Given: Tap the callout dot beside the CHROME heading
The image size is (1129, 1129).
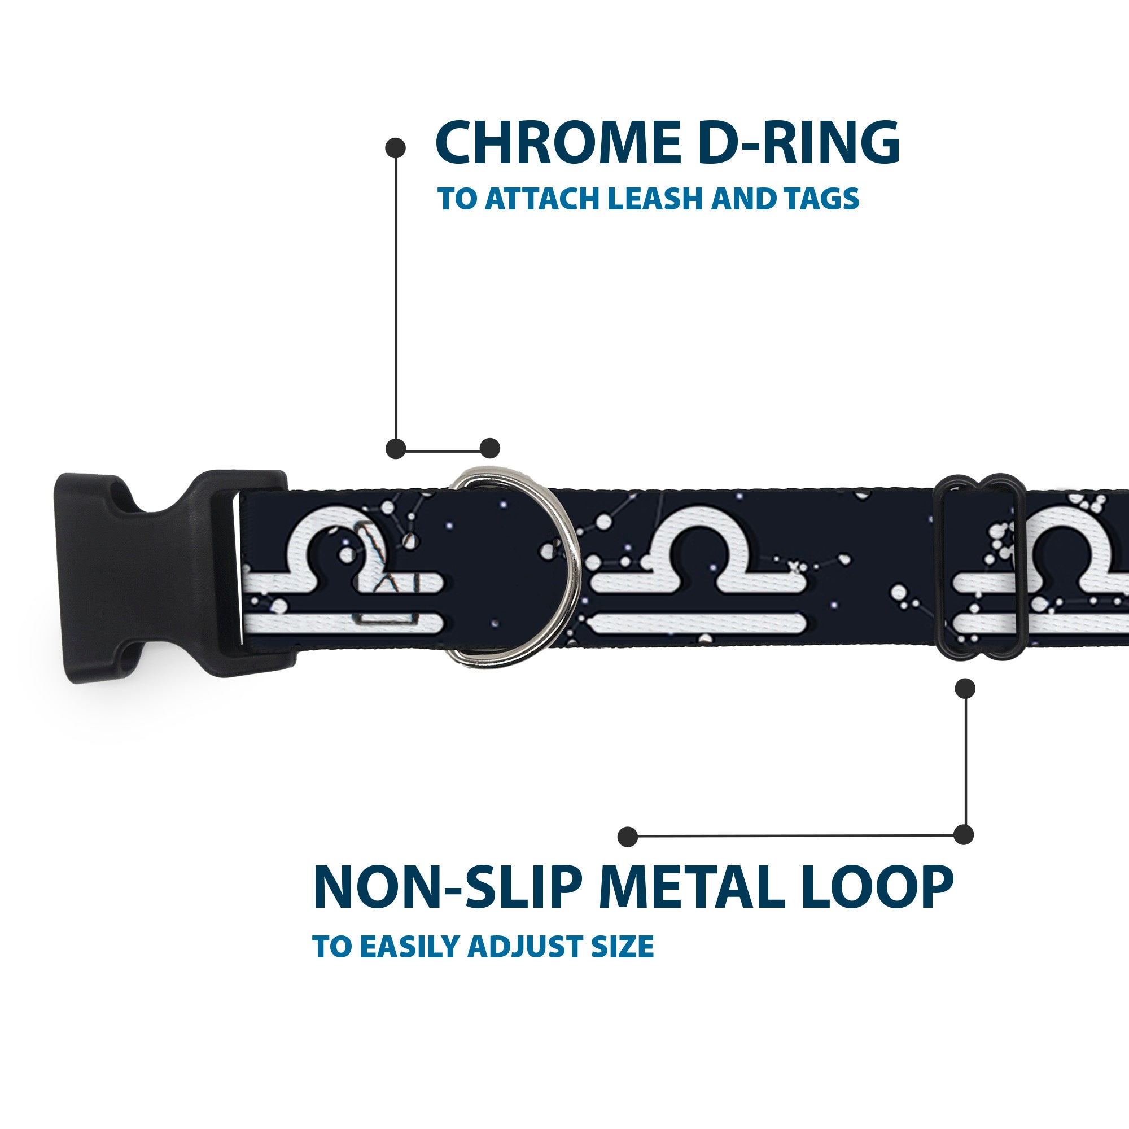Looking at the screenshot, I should [396, 148].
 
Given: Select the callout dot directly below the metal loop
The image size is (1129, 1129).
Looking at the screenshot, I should [965, 688].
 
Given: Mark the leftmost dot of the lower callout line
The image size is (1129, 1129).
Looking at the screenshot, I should [628, 836].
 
